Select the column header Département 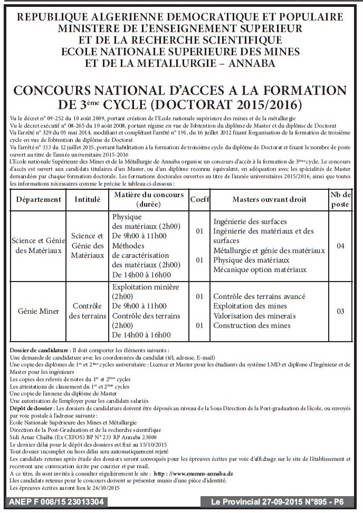(x=39, y=200)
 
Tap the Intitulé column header (x=88, y=200)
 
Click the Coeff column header (x=199, y=200)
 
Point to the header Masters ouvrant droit (x=269, y=200)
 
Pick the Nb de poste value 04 (x=340, y=246)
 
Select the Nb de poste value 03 (x=340, y=311)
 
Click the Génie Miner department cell (x=39, y=311)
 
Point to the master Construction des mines (x=252, y=325)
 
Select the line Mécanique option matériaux (x=260, y=269)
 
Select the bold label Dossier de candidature (x=39, y=350)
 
